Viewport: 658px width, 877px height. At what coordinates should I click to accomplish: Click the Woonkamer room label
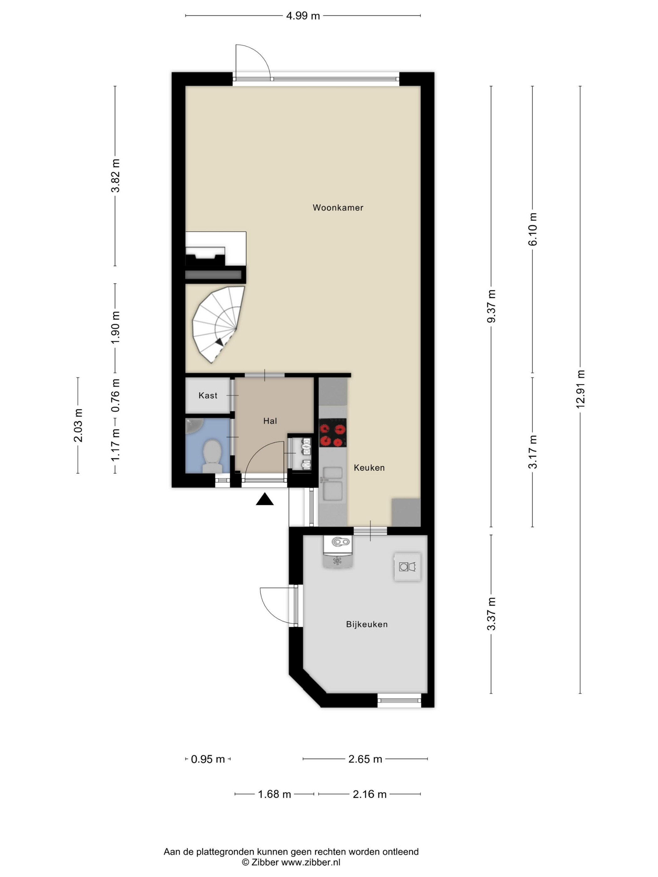pyautogui.click(x=338, y=208)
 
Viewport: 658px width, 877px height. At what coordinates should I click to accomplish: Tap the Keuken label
pyautogui.click(x=369, y=468)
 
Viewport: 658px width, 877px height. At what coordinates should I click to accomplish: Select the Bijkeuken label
pyautogui.click(x=367, y=625)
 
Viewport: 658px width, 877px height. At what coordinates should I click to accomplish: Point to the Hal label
pyautogui.click(x=270, y=421)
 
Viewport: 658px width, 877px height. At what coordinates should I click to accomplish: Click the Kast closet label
pyautogui.click(x=208, y=395)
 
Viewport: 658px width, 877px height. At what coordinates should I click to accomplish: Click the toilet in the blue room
pyautogui.click(x=212, y=456)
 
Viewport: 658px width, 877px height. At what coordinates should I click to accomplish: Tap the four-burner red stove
pyautogui.click(x=333, y=433)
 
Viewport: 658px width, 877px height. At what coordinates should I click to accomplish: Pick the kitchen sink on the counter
pyautogui.click(x=333, y=484)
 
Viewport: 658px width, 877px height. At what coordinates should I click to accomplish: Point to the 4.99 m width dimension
pyautogui.click(x=303, y=16)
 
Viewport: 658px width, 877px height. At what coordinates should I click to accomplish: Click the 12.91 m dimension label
pyautogui.click(x=580, y=389)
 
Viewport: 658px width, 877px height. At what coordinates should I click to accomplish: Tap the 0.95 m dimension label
pyautogui.click(x=208, y=759)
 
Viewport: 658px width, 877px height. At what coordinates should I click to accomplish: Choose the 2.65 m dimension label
pyautogui.click(x=365, y=759)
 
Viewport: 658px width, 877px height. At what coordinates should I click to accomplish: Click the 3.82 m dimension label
pyautogui.click(x=115, y=176)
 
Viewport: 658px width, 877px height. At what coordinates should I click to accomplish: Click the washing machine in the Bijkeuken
pyautogui.click(x=407, y=567)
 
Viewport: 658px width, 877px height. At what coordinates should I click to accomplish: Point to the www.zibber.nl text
pyautogui.click(x=311, y=862)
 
